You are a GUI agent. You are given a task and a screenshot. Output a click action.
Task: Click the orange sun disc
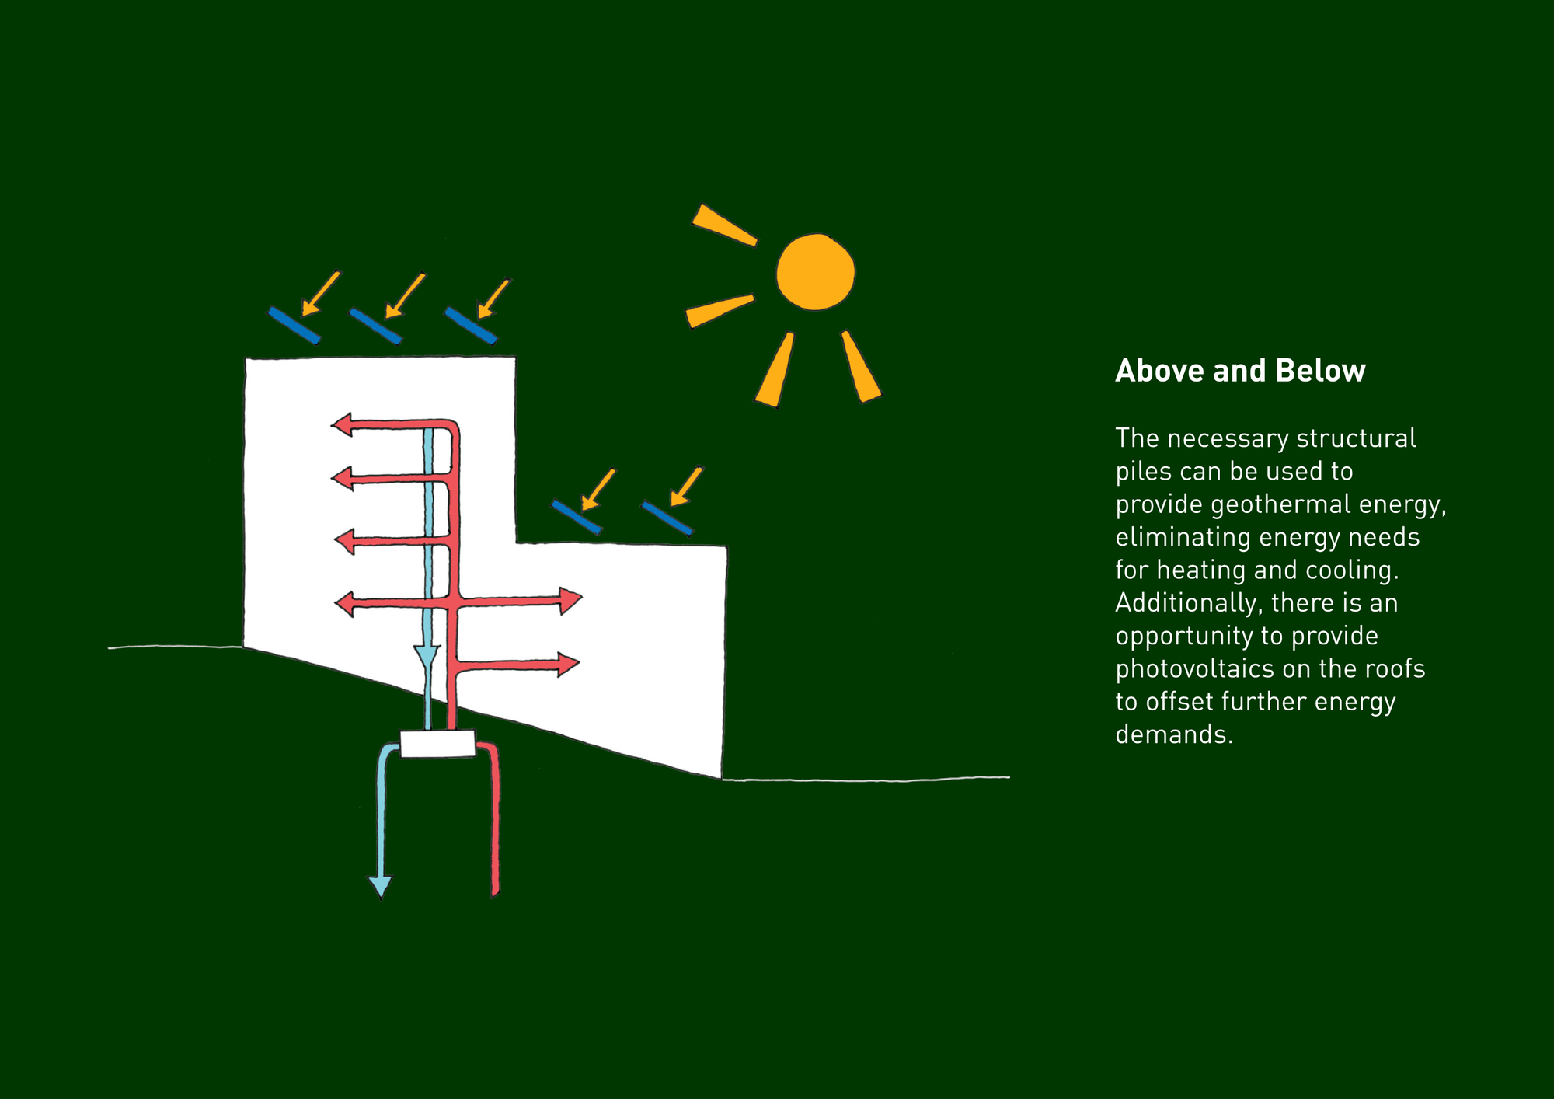815,272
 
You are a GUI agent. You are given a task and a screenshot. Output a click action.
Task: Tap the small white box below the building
437,744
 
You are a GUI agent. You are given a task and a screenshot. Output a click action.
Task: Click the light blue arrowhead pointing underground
380,887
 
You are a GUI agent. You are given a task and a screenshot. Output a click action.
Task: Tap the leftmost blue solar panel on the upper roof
294,325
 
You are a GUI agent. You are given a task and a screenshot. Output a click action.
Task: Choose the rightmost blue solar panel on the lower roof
667,518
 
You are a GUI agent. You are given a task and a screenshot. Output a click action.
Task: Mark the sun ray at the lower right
861,367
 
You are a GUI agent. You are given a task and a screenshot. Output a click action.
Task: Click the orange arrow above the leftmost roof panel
320,293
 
